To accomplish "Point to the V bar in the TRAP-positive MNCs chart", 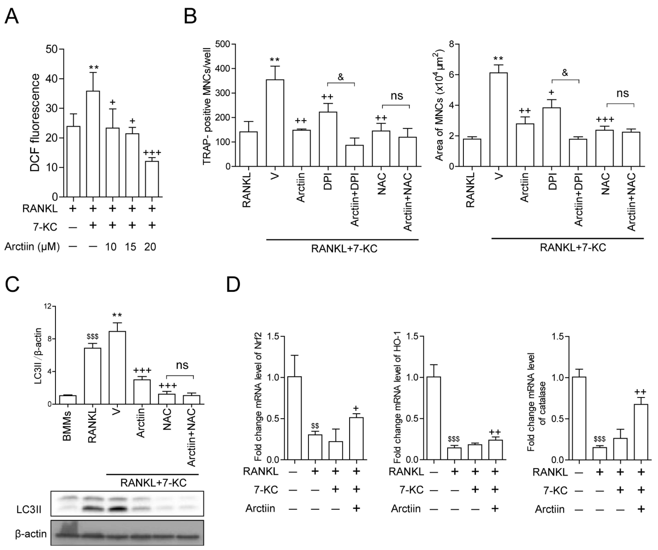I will pyautogui.click(x=275, y=123).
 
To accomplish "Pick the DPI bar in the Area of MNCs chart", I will pyautogui.click(x=551, y=137).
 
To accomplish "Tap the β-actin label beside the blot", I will pyautogui.click(x=31, y=534).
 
